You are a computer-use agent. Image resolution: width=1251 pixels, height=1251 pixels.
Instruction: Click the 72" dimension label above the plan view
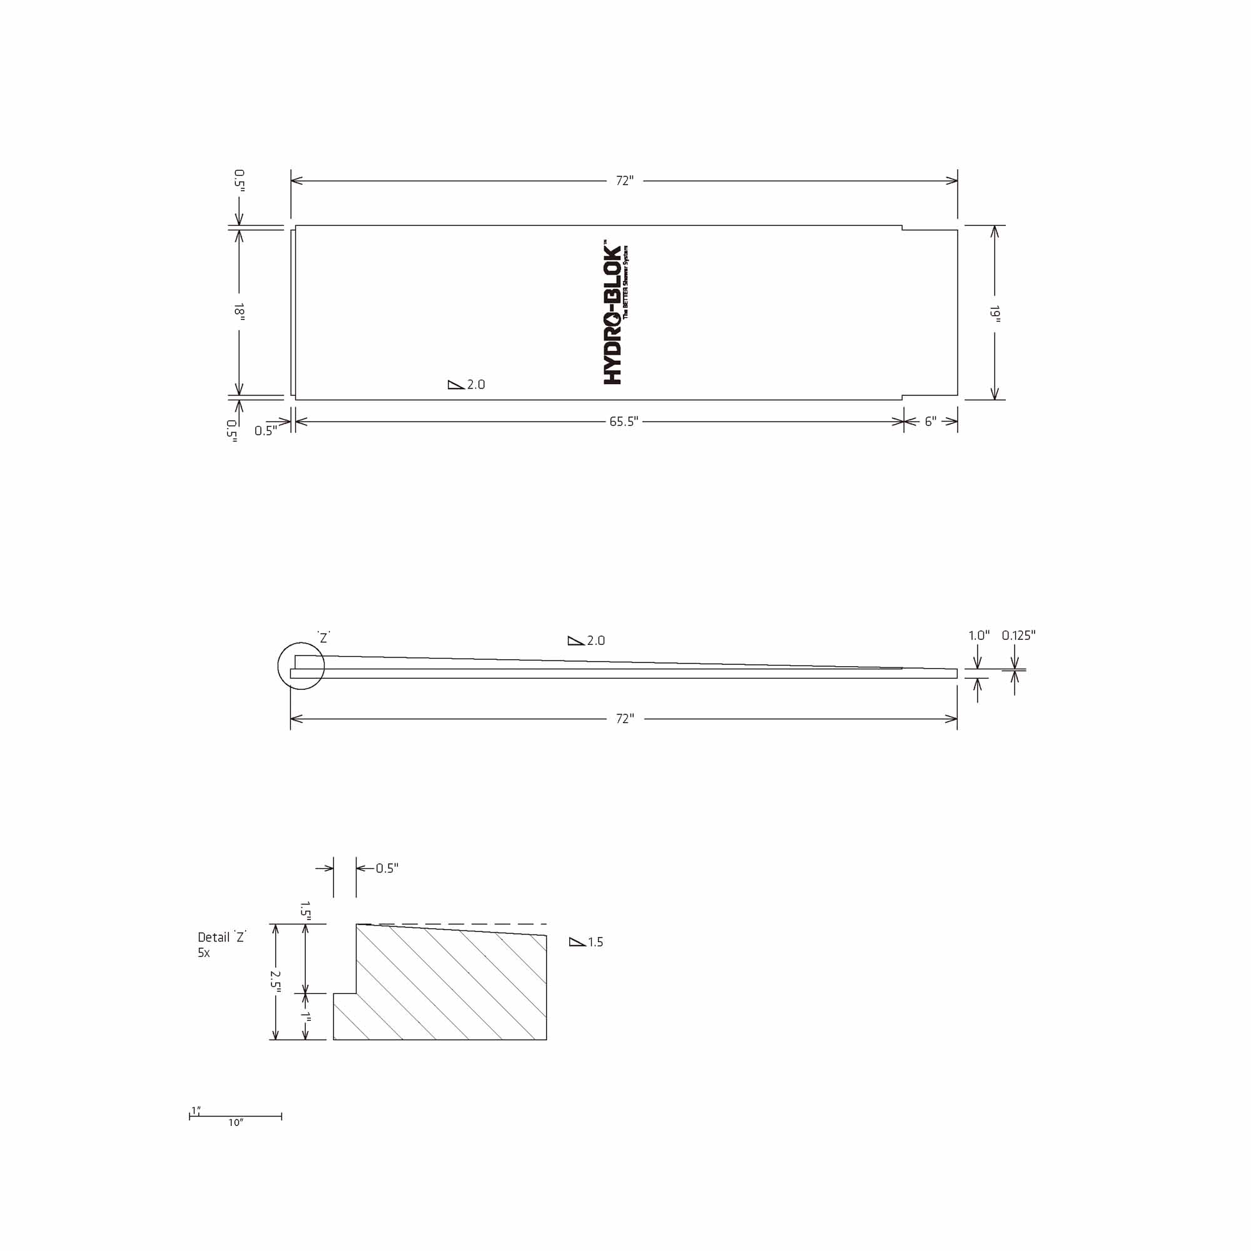(624, 181)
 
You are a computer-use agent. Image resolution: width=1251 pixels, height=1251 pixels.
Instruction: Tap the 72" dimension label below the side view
(625, 719)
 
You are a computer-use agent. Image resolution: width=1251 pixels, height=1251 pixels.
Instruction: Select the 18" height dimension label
(239, 311)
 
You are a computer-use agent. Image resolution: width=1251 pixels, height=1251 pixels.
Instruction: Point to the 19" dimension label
(995, 314)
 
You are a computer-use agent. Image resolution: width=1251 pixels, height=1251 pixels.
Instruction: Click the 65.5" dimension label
(624, 422)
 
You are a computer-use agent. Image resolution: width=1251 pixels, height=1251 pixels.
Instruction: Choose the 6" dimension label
(931, 422)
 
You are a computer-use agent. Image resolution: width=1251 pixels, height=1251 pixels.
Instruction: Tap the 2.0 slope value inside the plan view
(476, 385)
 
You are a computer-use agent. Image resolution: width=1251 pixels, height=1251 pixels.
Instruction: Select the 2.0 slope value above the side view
(595, 641)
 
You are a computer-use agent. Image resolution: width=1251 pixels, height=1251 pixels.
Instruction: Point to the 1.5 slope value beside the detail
(595, 942)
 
